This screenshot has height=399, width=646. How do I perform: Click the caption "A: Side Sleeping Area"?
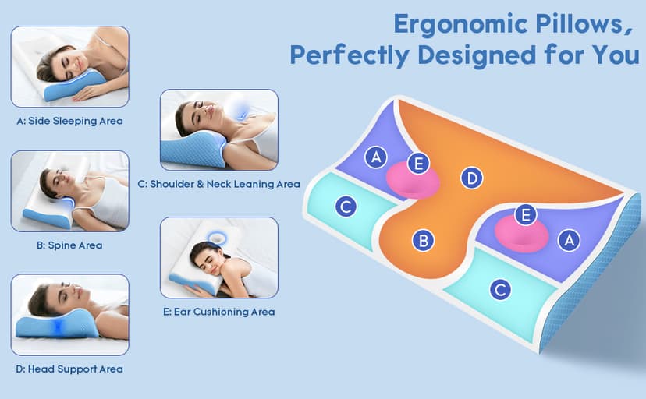click(69, 121)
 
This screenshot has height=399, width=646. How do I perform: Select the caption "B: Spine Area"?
click(69, 245)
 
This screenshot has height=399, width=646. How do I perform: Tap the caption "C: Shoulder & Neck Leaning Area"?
click(218, 185)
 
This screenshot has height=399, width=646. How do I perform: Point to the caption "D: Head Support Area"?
click(69, 369)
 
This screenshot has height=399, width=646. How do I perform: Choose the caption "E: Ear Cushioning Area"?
click(218, 312)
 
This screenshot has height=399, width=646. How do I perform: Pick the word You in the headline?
click(616, 55)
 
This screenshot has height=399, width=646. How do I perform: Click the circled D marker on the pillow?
click(470, 178)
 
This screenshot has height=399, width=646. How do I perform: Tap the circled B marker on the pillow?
click(423, 241)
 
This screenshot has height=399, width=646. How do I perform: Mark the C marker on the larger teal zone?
click(500, 290)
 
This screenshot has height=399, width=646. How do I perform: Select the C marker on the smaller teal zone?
click(345, 207)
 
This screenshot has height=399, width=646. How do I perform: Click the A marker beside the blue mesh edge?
click(569, 240)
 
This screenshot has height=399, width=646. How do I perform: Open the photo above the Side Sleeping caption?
click(69, 67)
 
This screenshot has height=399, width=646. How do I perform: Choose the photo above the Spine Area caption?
click(69, 191)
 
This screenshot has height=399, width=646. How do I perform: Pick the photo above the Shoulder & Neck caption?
click(218, 130)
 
